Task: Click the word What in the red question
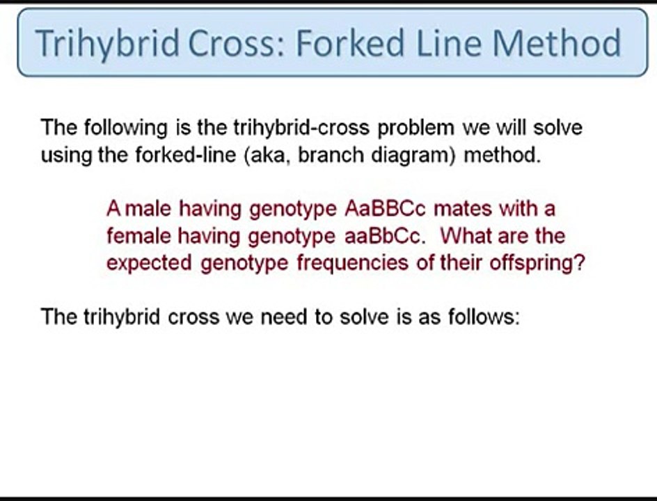[x=465, y=236]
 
